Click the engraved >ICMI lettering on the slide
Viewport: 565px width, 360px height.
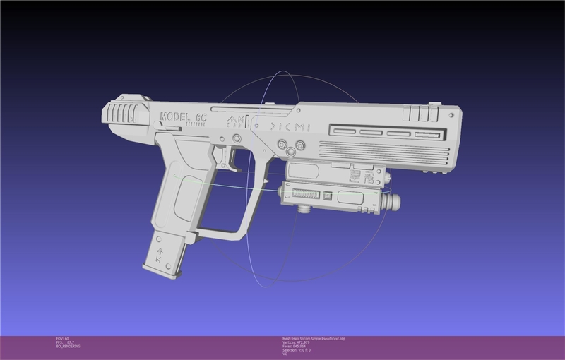(x=292, y=125)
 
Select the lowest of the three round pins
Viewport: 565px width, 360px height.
(x=290, y=153)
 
